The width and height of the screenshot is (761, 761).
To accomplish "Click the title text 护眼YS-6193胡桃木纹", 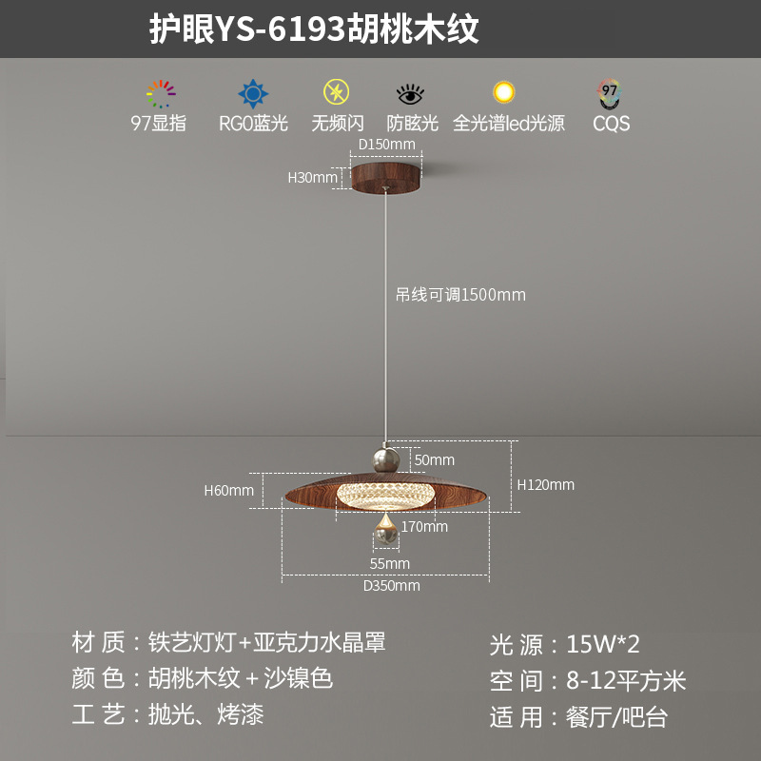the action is point(314,29).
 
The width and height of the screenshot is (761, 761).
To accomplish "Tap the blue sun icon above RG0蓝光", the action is point(253,94).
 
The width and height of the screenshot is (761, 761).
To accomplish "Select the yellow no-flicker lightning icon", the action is point(336,93).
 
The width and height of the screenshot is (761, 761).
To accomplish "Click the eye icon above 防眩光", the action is point(411,94).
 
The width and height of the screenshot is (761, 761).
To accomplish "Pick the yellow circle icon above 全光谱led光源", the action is point(503,92).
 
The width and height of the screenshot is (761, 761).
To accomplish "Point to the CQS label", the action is point(611,124).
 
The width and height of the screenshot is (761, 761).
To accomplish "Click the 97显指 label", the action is point(159,124).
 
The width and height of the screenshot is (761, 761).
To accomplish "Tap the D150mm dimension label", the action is point(386,145).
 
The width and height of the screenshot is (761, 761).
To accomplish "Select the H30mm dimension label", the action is point(313,177).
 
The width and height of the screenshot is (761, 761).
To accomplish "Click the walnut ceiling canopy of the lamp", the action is point(386,177).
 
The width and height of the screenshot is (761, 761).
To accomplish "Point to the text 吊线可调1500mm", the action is point(460,295).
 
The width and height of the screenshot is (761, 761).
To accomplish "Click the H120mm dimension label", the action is point(546,485).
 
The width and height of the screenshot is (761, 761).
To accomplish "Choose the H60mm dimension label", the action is point(229,491).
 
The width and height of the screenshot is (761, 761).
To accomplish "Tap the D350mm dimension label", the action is point(391,586).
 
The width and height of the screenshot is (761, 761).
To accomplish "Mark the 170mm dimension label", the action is point(424,526).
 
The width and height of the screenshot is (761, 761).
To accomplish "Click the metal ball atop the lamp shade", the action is point(385,460).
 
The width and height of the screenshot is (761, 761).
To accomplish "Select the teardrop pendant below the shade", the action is point(385,532).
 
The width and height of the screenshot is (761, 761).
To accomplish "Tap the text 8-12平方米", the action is point(626,680).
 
